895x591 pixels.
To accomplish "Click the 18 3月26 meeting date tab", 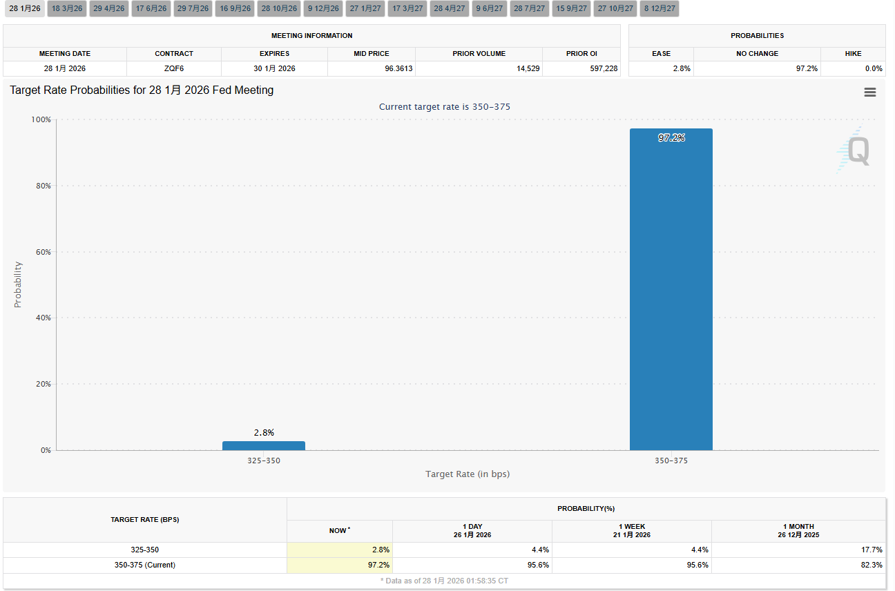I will [67, 8].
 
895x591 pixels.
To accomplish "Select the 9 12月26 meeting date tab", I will [323, 8].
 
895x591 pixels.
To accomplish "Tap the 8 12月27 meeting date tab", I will [660, 8].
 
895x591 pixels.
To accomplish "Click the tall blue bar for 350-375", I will [671, 290].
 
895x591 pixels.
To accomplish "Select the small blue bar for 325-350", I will [263, 445].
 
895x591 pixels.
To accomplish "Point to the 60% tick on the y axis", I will [41, 252].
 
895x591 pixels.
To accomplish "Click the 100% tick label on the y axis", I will [41, 119].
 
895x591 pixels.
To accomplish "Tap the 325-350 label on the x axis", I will [263, 461].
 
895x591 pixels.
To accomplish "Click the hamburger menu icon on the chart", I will [869, 92].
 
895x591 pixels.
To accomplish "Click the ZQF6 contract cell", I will [173, 68].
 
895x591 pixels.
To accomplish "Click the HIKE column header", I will [854, 53].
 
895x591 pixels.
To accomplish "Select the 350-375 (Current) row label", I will [144, 565].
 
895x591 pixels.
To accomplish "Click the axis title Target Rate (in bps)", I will [468, 474].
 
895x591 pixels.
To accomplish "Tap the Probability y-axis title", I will [18, 284].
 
